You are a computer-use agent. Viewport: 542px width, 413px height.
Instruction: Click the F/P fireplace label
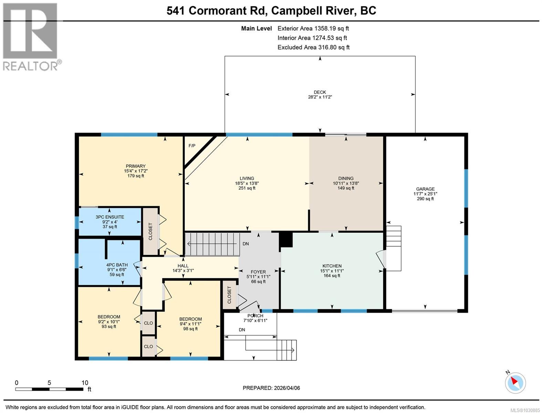tap(192, 146)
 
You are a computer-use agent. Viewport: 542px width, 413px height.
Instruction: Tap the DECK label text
tap(320, 92)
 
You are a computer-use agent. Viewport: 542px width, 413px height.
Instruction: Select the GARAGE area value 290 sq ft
tap(425, 199)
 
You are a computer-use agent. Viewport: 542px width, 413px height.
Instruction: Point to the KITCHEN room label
tap(332, 266)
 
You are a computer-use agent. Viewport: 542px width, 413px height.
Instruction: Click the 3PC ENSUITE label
tap(110, 217)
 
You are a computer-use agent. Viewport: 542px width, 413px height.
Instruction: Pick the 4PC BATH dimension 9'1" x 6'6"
tap(117, 270)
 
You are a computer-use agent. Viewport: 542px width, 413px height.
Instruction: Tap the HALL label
tap(183, 266)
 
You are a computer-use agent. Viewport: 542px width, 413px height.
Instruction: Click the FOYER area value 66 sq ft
tap(258, 282)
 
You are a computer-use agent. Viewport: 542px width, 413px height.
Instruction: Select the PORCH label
tap(255, 316)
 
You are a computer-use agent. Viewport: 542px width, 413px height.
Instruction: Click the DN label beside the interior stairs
tap(246, 244)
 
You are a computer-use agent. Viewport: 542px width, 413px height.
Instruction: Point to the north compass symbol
tap(515, 383)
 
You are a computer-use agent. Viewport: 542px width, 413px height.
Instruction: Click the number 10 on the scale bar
tap(85, 383)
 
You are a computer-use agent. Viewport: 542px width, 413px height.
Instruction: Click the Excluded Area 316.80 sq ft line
tap(313, 47)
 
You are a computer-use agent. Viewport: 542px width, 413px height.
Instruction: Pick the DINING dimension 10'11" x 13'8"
tap(346, 183)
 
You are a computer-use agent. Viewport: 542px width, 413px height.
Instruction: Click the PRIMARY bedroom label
tap(136, 166)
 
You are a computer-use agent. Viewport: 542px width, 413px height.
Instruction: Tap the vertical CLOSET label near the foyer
tap(229, 295)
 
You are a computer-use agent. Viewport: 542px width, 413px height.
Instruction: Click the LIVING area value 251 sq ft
tap(247, 188)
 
